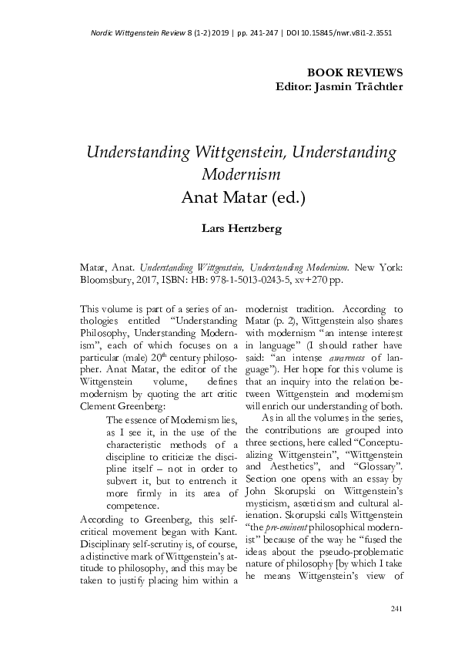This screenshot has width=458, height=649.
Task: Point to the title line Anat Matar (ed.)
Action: (x=244, y=197)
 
